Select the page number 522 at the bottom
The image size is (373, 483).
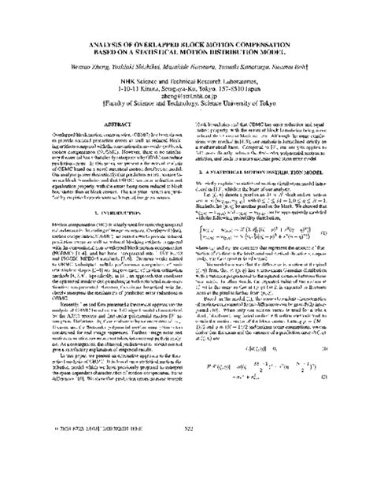[186, 471]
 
